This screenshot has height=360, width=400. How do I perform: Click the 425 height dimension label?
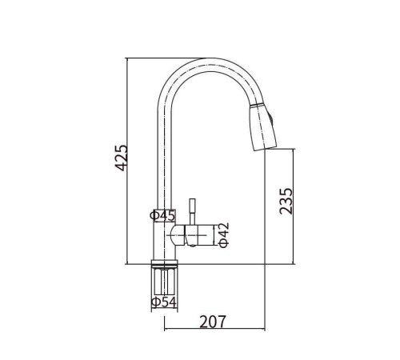click(122, 158)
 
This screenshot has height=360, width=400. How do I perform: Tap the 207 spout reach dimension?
click(213, 322)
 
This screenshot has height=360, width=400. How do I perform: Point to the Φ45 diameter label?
click(162, 215)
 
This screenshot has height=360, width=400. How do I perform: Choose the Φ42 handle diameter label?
click(224, 235)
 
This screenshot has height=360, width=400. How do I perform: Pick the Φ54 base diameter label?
click(164, 302)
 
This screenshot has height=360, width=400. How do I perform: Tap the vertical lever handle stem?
click(192, 212)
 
